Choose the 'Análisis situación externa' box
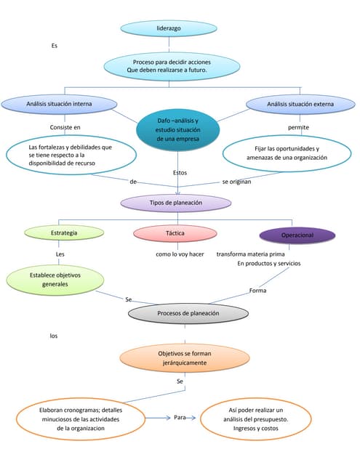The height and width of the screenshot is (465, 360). click(300, 104)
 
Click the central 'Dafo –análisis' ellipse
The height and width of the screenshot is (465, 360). click(177, 129)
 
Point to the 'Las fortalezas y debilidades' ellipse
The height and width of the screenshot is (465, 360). click(71, 154)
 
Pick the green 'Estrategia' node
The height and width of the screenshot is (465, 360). click(64, 232)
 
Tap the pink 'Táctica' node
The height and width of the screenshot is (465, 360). click(175, 232)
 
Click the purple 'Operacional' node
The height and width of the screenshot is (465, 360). click(297, 235)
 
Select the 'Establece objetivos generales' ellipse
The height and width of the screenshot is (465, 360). click(55, 280)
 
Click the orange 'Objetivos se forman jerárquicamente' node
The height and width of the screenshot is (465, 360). click(185, 357)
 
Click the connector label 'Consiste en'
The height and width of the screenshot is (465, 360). click(65, 127)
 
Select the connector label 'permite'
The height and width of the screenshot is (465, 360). click(298, 127)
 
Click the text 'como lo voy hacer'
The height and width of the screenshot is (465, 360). click(180, 254)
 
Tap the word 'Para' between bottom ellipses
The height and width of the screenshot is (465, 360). click(180, 418)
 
